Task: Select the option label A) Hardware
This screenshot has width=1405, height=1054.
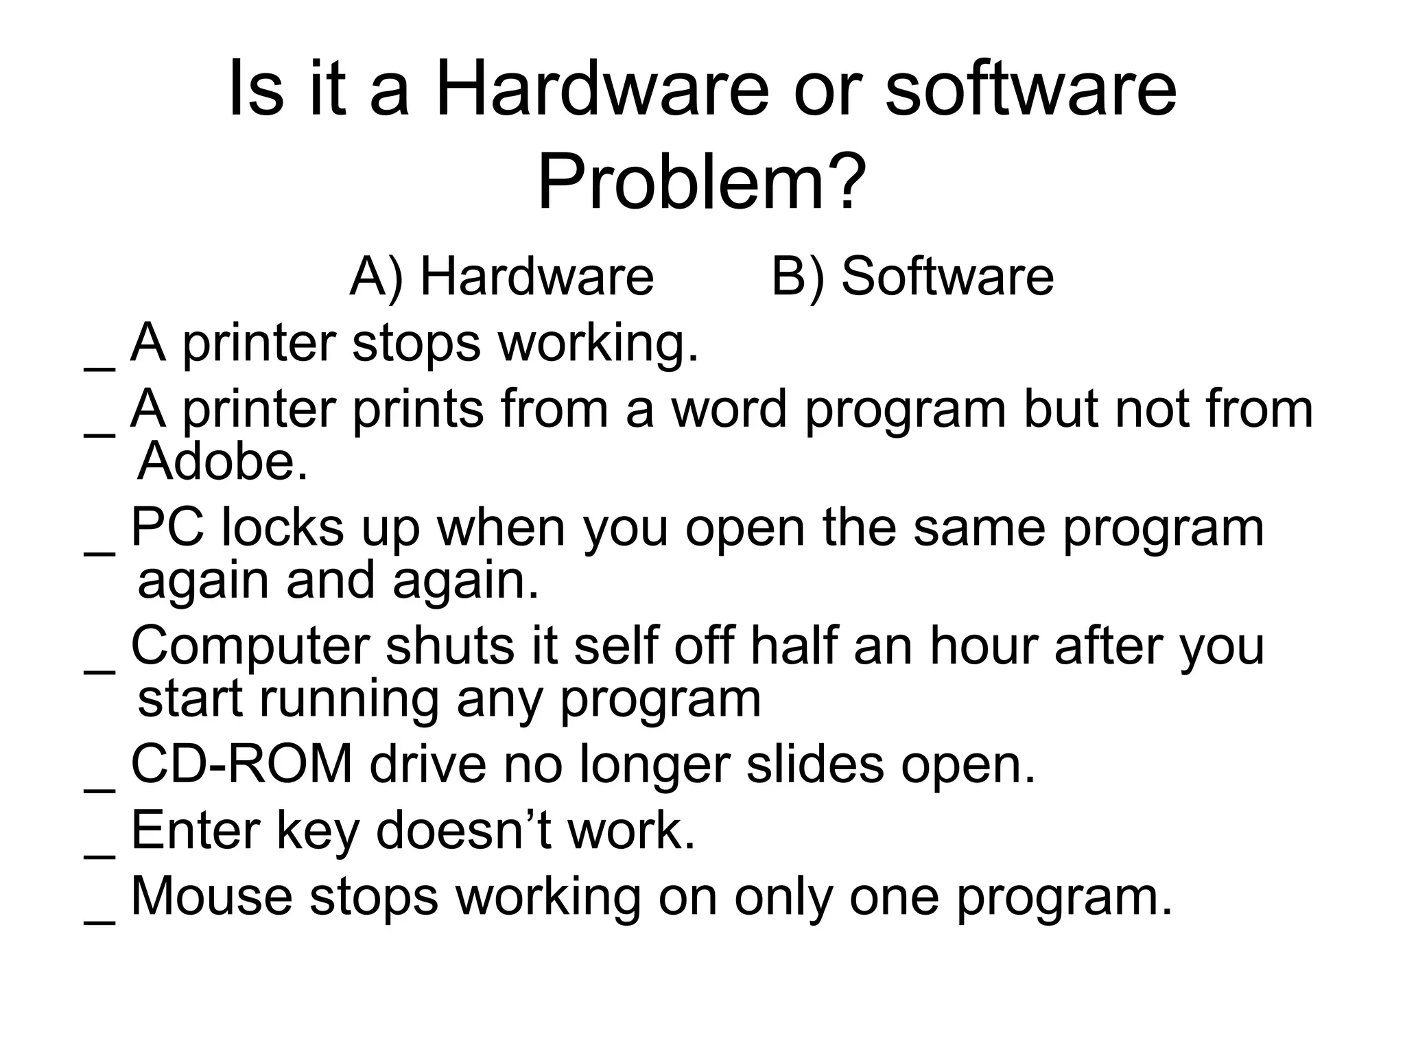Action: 501,277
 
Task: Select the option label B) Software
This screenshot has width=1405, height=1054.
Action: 912,277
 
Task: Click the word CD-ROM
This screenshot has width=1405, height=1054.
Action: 241,764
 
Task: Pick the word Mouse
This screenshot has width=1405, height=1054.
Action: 211,895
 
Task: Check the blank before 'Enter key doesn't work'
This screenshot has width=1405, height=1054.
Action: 99,856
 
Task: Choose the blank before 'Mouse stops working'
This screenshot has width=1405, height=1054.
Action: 99,922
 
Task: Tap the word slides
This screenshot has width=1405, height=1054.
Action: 815,764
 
